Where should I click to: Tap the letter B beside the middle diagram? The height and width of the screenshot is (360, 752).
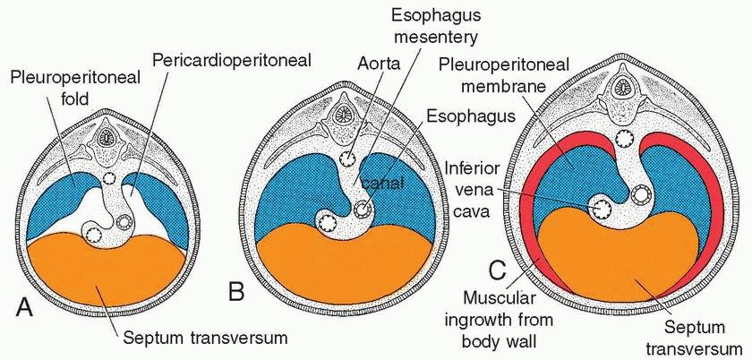tap(237, 292)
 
